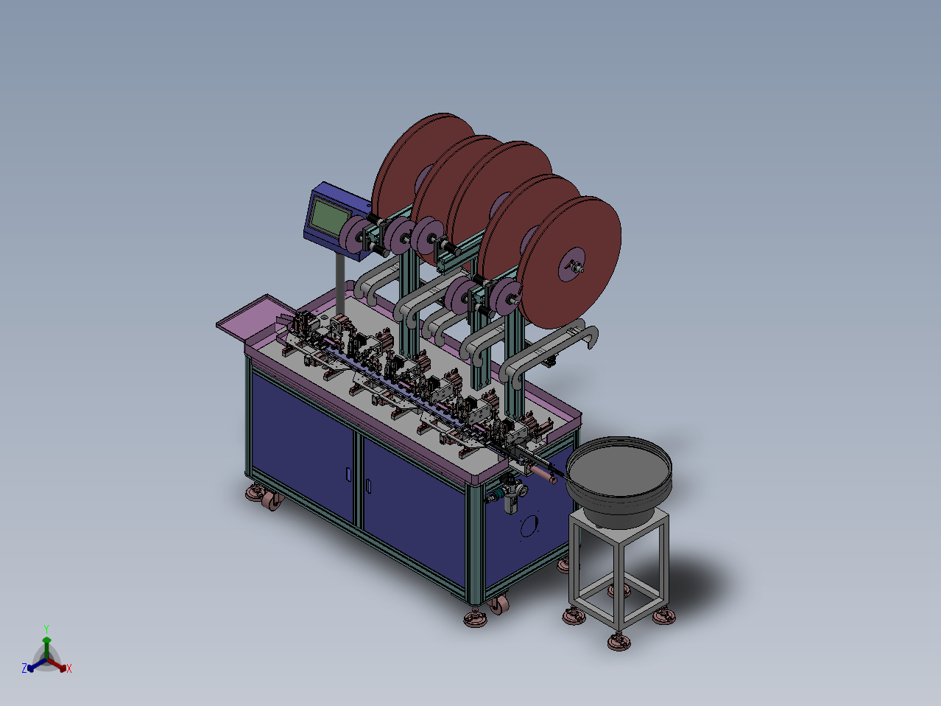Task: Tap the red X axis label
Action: click(69, 668)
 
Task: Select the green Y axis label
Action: click(46, 629)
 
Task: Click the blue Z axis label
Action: click(24, 668)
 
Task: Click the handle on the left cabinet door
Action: click(348, 474)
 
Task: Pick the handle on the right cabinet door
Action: click(369, 486)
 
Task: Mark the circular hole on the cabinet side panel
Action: click(529, 526)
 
